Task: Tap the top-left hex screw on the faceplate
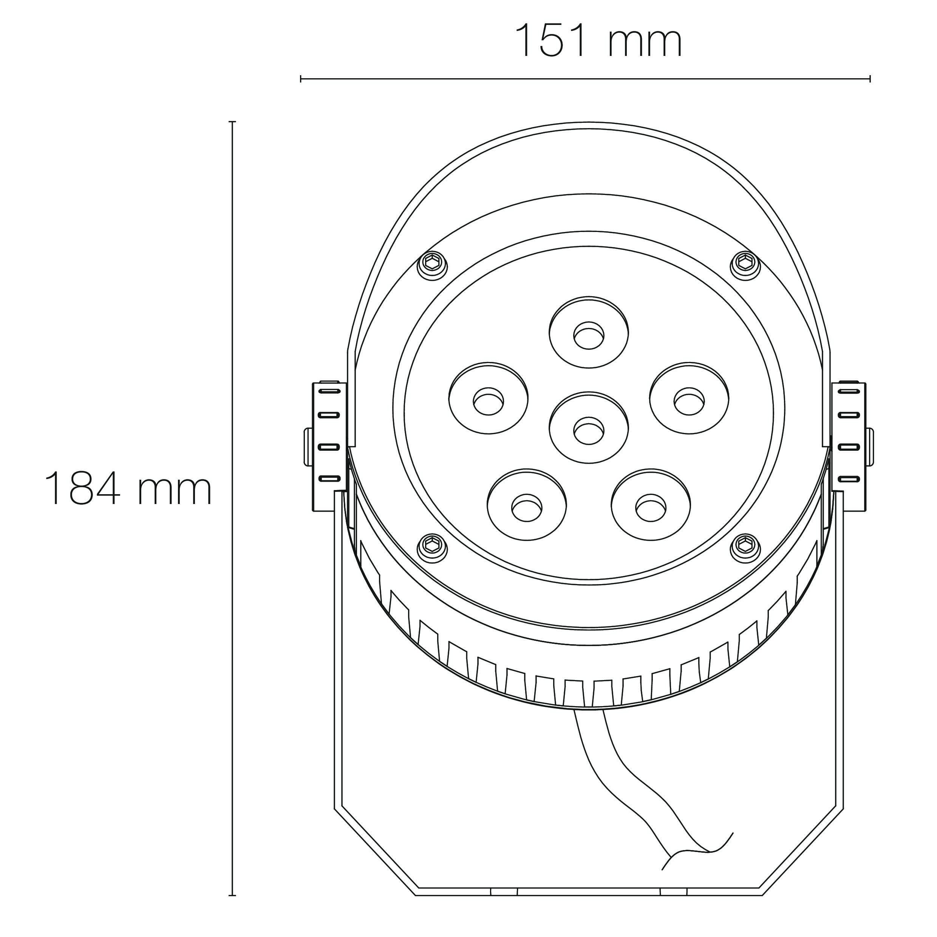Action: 432,265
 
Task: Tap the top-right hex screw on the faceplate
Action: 745,265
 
